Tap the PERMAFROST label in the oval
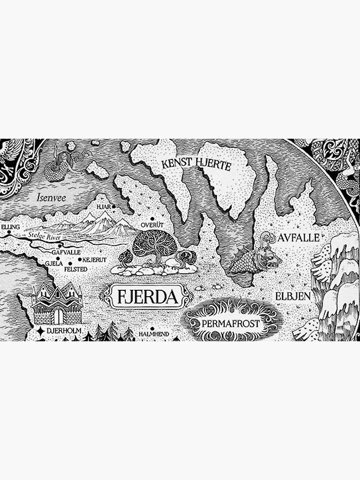(230, 324)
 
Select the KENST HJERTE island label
(196, 166)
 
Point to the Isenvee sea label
(52, 197)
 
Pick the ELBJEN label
(293, 296)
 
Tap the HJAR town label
(103, 207)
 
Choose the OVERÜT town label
(153, 224)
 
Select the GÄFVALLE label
(66, 252)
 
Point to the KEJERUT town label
(94, 260)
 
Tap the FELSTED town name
(75, 270)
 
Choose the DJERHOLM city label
(64, 331)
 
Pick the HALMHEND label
(154, 333)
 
